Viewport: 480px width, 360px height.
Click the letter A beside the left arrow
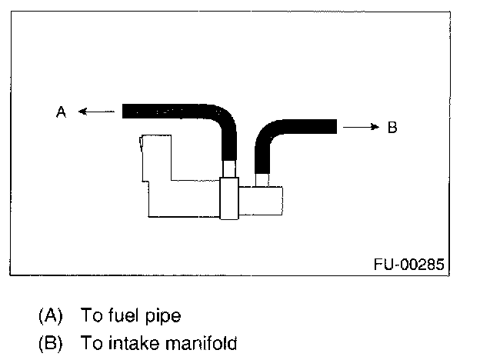tap(62, 112)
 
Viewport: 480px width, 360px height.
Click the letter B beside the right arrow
tap(392, 128)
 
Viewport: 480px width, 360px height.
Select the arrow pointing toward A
tap(95, 112)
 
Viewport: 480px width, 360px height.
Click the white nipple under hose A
tap(228, 169)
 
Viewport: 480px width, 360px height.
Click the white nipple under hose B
tap(262, 179)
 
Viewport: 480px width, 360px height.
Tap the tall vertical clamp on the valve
tap(228, 198)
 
